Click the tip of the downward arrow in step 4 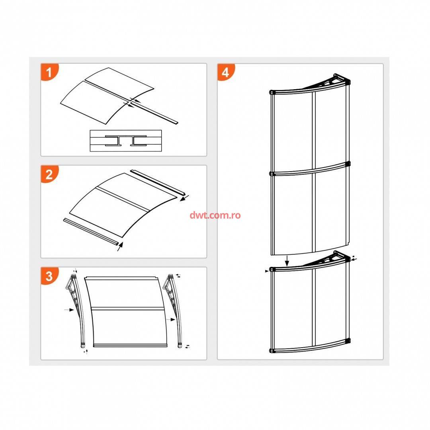tap(287, 266)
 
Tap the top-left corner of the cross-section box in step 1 tap(90, 130)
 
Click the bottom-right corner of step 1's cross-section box tap(162, 151)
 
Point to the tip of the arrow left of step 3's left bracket tap(74, 310)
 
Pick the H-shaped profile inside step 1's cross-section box tap(125, 141)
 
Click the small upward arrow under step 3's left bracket tap(87, 352)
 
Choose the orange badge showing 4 tap(226, 72)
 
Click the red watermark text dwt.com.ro tap(215, 215)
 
